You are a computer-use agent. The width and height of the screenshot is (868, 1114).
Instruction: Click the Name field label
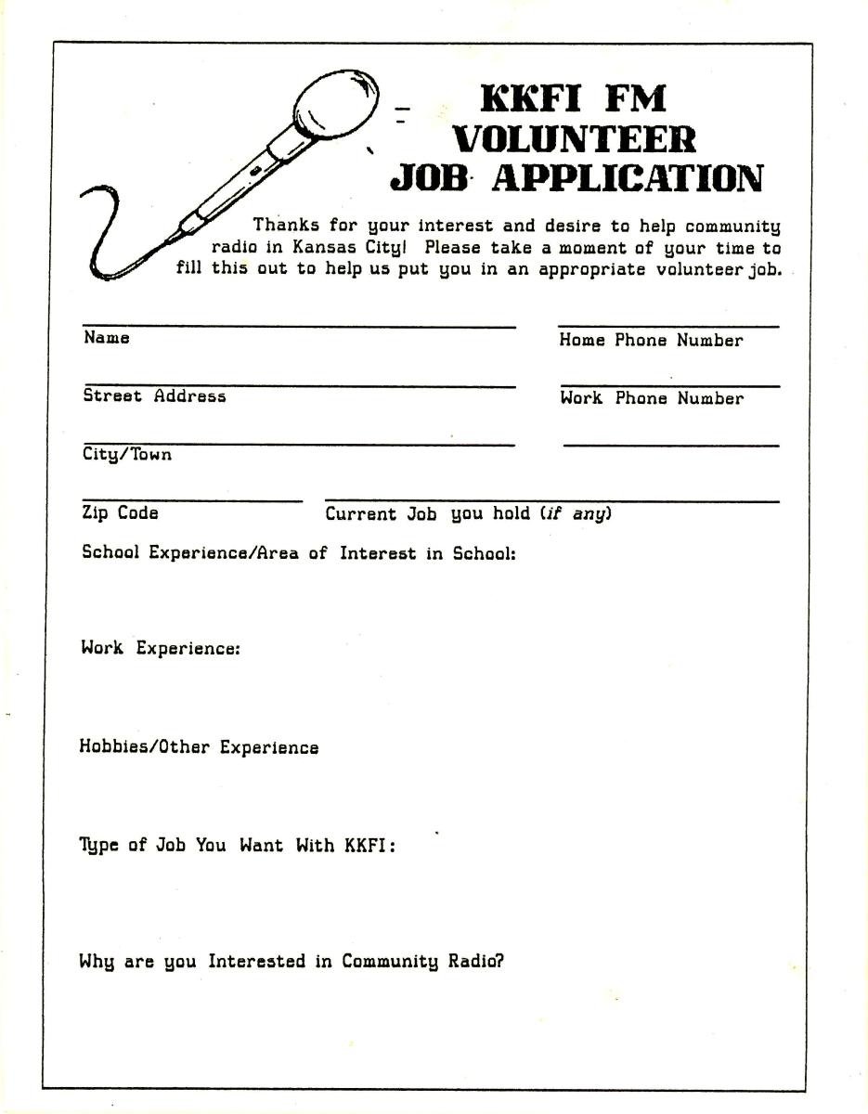pos(107,338)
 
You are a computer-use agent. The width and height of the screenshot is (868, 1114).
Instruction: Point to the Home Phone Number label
pos(651,341)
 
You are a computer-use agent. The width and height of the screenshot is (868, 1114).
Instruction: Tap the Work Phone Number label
pos(651,398)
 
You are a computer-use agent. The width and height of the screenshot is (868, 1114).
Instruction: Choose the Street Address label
pos(154,396)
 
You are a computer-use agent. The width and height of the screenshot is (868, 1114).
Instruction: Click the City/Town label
pos(127,455)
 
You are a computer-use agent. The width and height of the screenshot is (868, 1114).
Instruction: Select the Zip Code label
pos(120,513)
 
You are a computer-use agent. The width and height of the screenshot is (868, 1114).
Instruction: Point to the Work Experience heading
pos(161,649)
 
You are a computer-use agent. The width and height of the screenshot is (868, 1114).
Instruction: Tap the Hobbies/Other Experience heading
pos(199,747)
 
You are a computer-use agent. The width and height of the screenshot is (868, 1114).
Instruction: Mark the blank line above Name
pos(299,327)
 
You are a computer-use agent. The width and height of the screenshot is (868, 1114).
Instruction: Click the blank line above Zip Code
pos(192,501)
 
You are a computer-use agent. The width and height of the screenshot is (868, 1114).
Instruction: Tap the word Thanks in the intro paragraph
pos(285,226)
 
